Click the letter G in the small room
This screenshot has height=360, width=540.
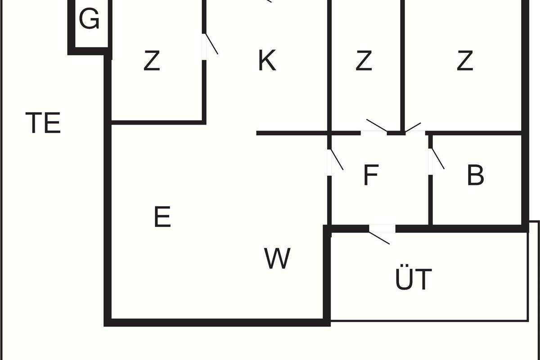[89, 20]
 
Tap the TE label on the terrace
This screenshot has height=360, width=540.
[43, 123]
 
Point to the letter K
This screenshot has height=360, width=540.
[267, 61]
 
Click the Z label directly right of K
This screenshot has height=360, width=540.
[364, 61]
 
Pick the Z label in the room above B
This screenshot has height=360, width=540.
[465, 61]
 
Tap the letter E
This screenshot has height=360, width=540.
[162, 217]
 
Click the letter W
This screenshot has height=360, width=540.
[277, 259]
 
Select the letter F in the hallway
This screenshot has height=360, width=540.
[370, 175]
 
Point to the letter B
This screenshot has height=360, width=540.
[476, 175]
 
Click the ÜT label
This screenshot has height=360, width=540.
[414, 279]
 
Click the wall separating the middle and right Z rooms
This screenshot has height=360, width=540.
[402, 63]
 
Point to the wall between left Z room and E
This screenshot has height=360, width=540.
[157, 121]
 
